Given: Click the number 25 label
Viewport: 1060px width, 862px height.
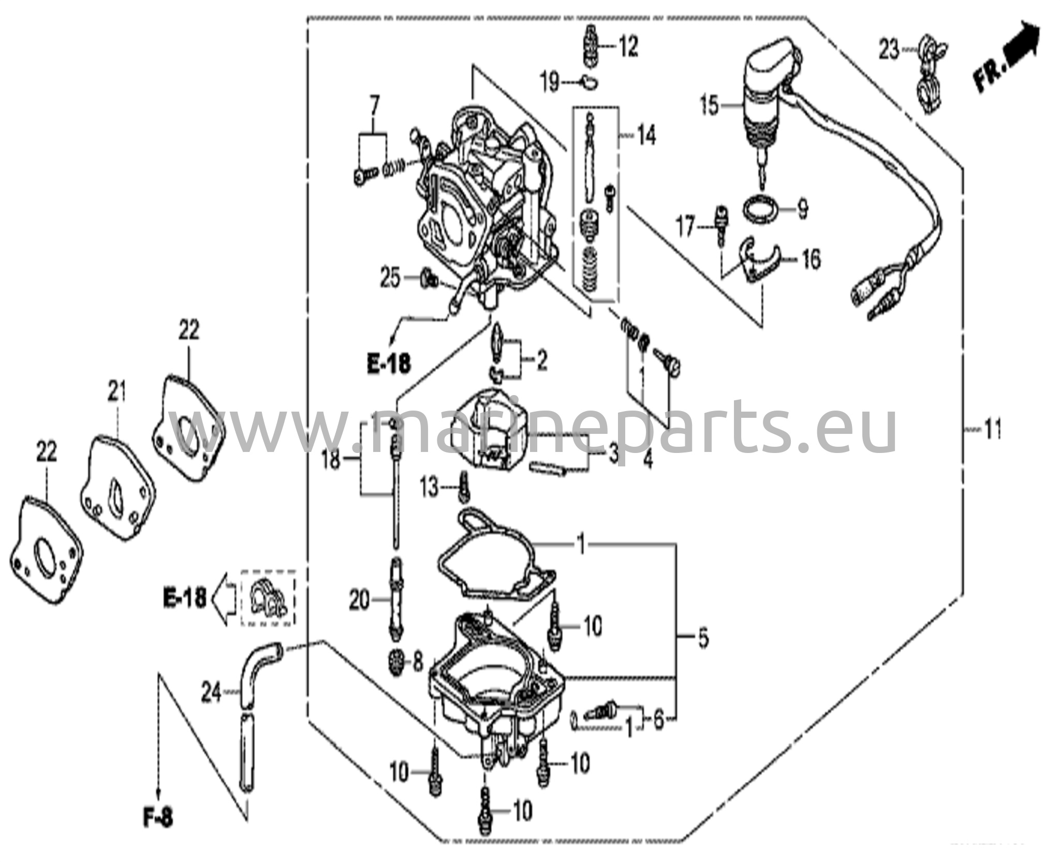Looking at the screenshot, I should pos(390,279).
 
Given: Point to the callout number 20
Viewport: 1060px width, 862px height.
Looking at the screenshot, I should pos(361,601).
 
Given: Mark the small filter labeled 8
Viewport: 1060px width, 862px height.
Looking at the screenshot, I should pos(397,662).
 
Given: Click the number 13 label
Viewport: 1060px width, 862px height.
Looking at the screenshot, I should pos(430,488).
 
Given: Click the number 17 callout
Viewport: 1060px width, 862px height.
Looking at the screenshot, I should pos(686,228).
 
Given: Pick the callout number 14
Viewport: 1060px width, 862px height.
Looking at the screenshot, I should pos(646,137).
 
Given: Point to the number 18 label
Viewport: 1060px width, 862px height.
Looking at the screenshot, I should pos(331,460).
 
